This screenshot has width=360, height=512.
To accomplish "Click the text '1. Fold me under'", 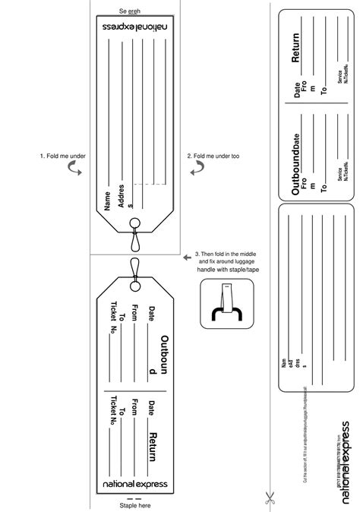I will (62, 156).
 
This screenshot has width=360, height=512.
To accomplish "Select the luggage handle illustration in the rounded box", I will (226, 303).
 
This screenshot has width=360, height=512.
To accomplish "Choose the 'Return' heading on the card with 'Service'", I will (296, 48).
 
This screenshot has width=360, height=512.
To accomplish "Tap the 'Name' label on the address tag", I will (107, 200).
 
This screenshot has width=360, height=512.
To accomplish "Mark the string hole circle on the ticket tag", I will (135, 283).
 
